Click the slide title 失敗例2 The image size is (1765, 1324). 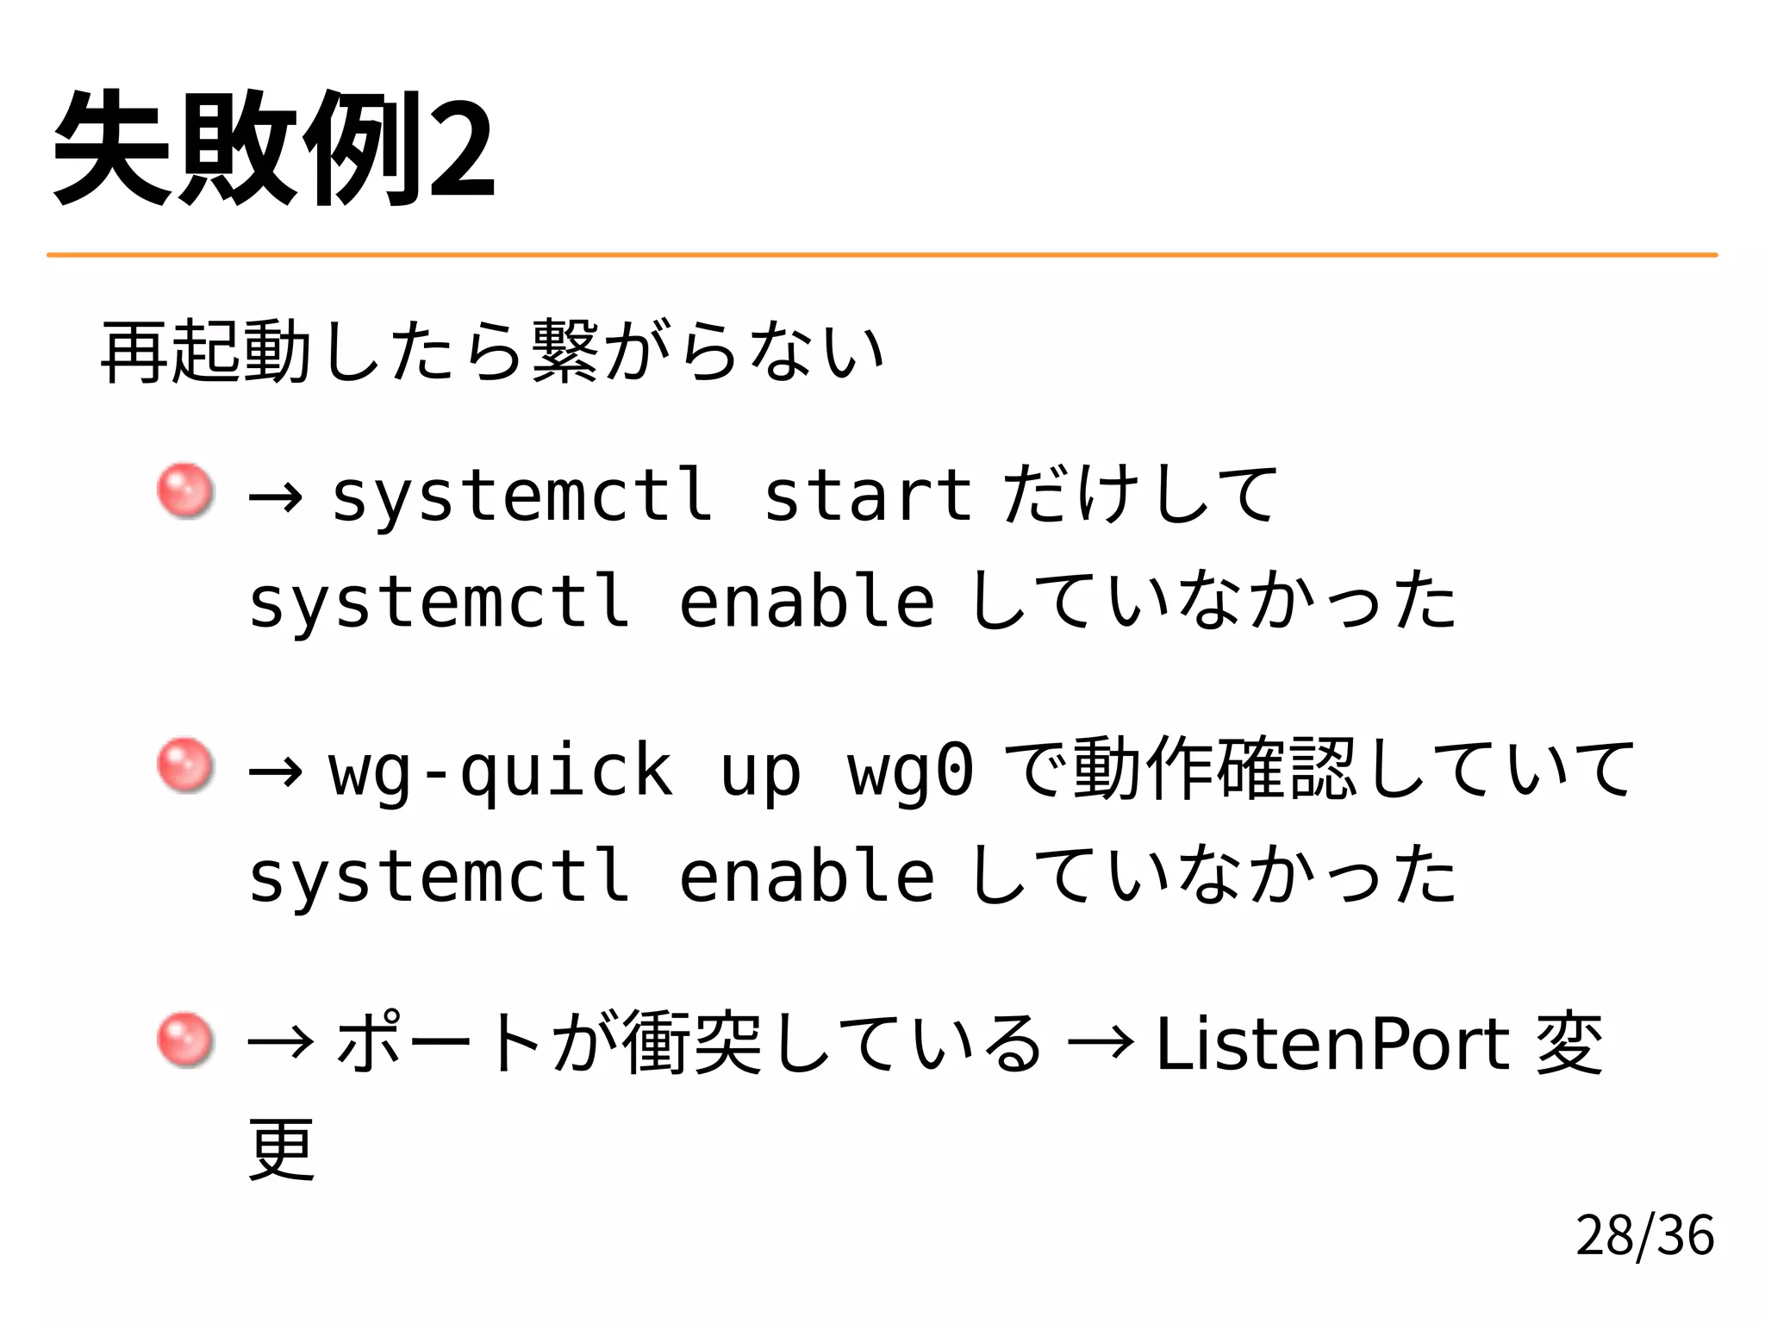[x=274, y=148]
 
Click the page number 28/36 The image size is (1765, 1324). [x=1644, y=1234]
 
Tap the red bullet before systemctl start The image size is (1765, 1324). [x=185, y=491]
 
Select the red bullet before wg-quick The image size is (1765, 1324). [x=185, y=765]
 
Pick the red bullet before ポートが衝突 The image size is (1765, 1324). [x=185, y=1040]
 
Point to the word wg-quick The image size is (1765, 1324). [x=500, y=770]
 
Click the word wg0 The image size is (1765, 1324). [x=911, y=770]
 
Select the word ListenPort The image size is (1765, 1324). [x=1332, y=1044]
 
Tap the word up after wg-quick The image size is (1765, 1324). [x=760, y=770]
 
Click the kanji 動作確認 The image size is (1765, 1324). [x=1215, y=767]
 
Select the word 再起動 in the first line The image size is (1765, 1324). [x=206, y=351]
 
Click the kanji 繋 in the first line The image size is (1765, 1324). [x=565, y=351]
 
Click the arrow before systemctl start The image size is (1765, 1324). [x=275, y=496]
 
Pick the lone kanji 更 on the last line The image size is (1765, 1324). [x=282, y=1149]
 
